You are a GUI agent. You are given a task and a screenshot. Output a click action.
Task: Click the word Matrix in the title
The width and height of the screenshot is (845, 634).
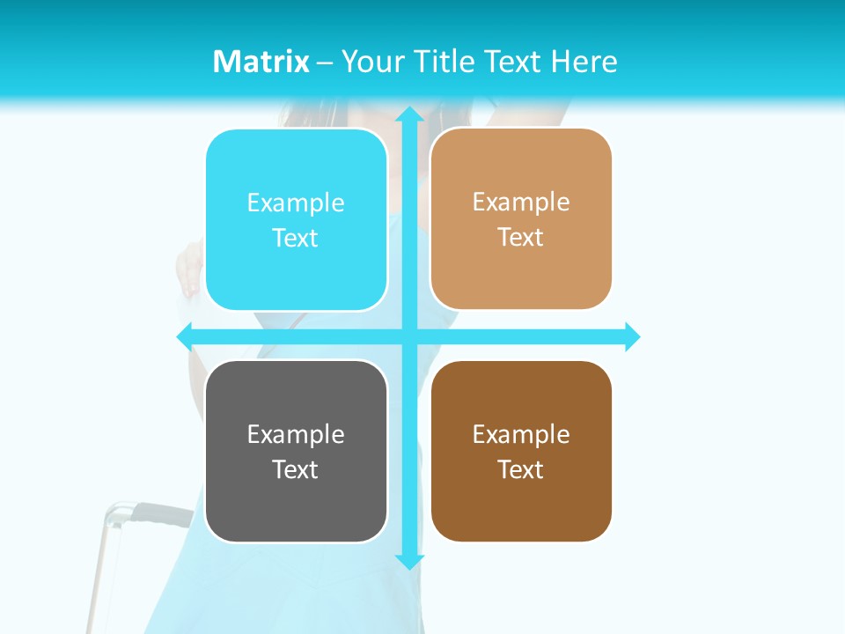tap(261, 62)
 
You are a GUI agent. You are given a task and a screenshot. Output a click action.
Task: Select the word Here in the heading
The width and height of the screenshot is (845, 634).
tap(584, 62)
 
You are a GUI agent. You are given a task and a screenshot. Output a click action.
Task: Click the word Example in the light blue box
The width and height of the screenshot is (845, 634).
tap(296, 203)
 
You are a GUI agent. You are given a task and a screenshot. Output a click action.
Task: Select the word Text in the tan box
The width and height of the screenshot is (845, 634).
tap(521, 238)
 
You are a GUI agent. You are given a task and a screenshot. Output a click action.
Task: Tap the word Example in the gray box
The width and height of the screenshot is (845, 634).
tap(296, 434)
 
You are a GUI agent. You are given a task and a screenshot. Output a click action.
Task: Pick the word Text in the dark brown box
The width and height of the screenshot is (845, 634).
tap(521, 469)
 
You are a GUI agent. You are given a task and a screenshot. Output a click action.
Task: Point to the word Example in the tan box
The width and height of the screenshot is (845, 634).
tap(521, 203)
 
